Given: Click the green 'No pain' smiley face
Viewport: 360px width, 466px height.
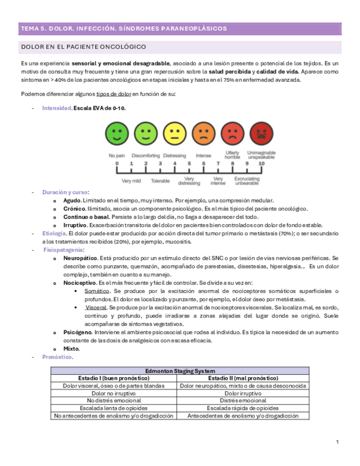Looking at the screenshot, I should coord(117,134).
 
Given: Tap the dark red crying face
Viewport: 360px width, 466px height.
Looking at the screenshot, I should coord(261,134).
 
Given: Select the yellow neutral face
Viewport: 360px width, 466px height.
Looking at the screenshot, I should coord(175,134).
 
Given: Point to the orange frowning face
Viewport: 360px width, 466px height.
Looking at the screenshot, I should coord(203,134).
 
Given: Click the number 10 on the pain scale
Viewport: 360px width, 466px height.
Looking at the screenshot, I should coord(261,164).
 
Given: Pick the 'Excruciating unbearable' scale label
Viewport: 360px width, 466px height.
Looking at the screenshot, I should coord(247,181).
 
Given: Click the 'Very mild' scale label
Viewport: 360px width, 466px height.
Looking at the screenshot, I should coord(131,180).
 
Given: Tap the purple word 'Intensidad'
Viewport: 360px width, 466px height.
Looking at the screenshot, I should coord(57,108).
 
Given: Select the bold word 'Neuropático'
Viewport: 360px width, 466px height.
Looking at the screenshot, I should coord(81,258).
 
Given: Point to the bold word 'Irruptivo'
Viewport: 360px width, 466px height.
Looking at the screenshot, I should coord(76,225).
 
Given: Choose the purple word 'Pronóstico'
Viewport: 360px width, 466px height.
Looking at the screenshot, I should coord(57,357).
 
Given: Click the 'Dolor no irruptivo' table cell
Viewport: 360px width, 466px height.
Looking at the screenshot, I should coord(114,393).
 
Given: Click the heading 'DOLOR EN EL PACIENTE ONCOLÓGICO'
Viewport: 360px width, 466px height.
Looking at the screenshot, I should coord(83,47).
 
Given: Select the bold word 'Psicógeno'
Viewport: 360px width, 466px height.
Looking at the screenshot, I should coord(78,332).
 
